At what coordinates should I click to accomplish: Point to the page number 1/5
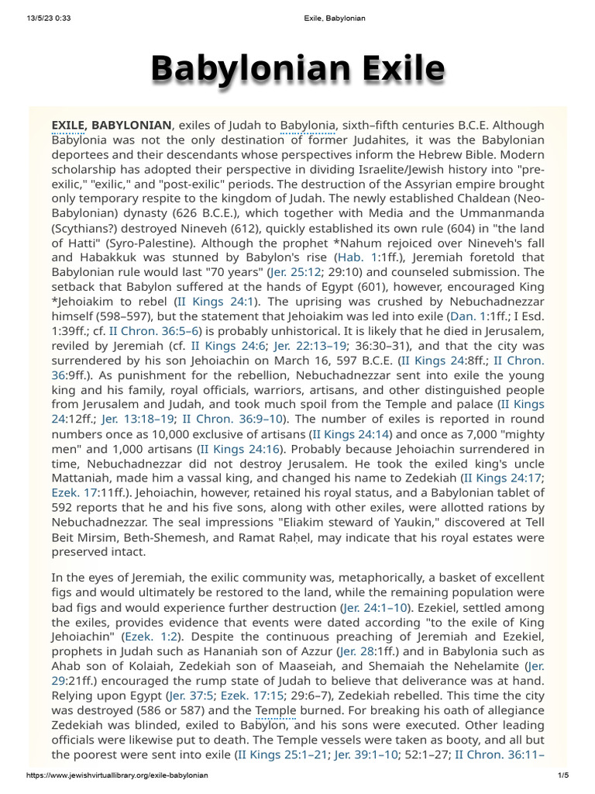tap(562, 776)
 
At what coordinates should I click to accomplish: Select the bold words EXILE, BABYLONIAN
tap(111, 125)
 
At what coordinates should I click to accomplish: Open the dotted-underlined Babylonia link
tap(308, 125)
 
